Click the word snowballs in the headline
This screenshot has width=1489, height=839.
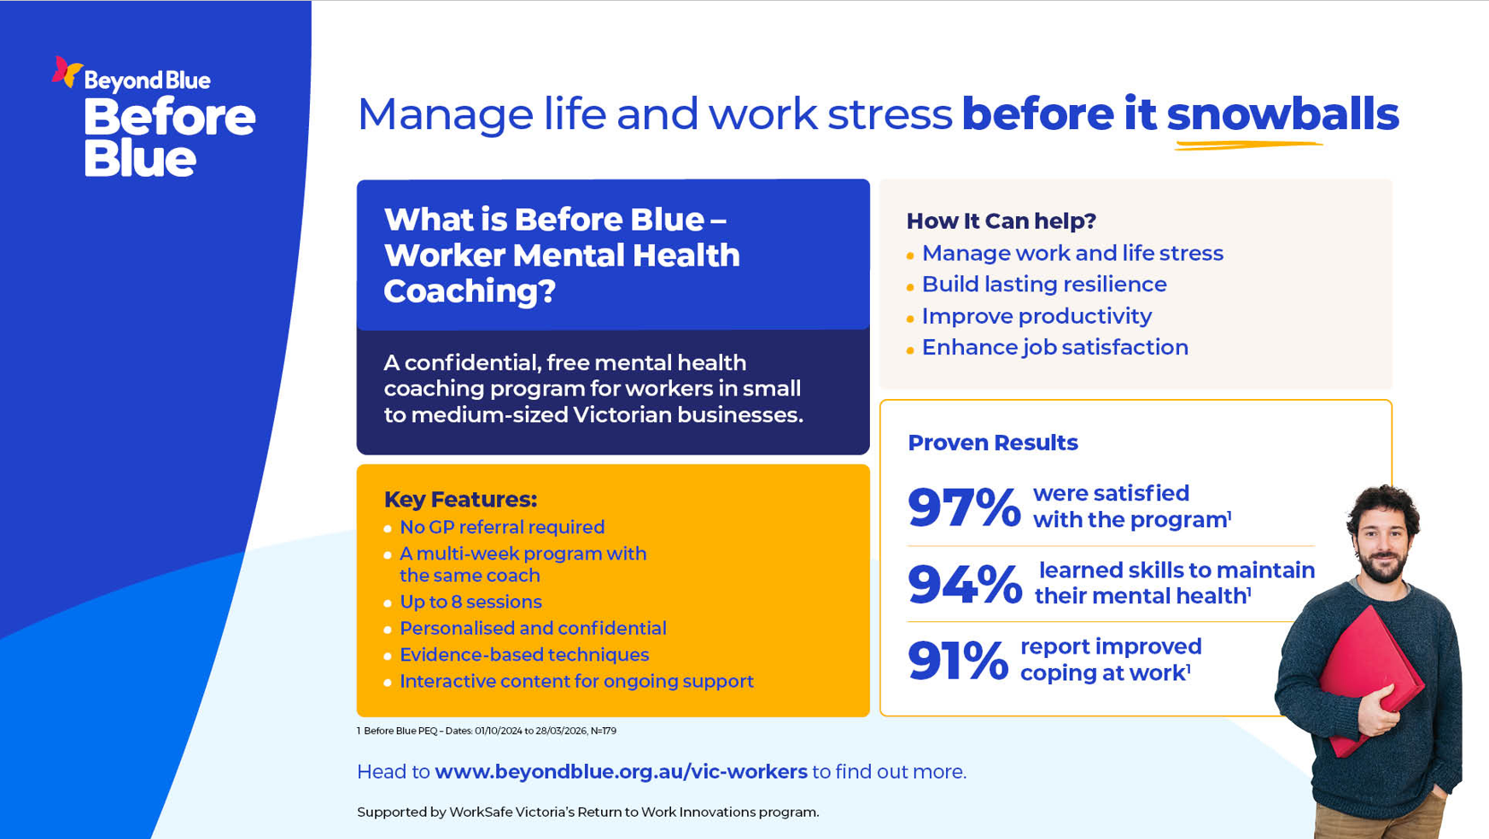[1282, 114]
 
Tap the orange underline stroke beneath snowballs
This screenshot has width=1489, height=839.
[1248, 144]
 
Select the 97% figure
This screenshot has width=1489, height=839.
[964, 507]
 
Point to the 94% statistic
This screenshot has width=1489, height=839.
[965, 584]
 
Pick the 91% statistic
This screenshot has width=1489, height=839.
[958, 660]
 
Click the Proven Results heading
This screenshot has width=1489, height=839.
[993, 443]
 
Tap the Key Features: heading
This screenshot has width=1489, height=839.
[460, 499]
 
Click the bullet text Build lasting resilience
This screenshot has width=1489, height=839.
[1044, 285]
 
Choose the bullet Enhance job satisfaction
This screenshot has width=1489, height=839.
[1055, 347]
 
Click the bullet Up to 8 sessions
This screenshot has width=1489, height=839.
[470, 601]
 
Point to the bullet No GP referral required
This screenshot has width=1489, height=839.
[502, 527]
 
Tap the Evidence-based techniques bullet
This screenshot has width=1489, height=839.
[524, 654]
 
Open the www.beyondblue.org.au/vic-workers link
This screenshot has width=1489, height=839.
[621, 772]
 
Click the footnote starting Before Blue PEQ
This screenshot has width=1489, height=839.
[487, 730]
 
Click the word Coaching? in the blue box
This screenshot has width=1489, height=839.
[470, 291]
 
